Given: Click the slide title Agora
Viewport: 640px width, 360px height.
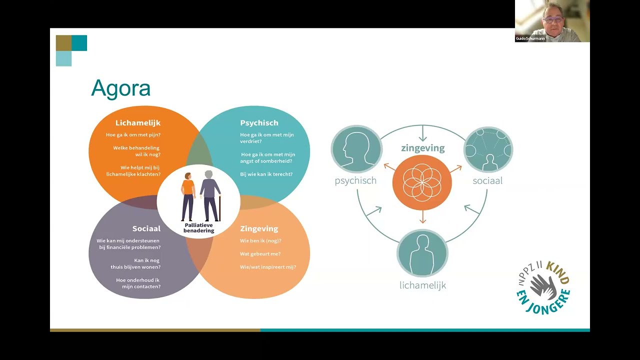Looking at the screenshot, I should click(120, 89).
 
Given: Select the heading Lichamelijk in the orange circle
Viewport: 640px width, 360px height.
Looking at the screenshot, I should click(137, 123).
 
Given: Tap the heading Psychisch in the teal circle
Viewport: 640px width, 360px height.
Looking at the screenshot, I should click(259, 123).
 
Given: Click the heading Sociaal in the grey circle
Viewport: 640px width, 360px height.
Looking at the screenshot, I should click(146, 228).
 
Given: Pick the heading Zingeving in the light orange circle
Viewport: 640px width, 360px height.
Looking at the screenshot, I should click(259, 228).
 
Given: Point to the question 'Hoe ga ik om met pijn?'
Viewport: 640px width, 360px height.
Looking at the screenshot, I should click(133, 135).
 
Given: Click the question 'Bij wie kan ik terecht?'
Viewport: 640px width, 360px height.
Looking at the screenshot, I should click(266, 174).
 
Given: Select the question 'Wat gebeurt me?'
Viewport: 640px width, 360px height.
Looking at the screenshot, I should click(260, 254).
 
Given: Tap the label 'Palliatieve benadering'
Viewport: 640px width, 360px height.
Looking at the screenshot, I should click(198, 228).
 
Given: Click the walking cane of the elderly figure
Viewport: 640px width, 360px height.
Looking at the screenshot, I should click(219, 208).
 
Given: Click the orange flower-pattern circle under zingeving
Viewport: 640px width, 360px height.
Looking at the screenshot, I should click(422, 182).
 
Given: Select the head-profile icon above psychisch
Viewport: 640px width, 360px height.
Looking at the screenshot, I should click(356, 149).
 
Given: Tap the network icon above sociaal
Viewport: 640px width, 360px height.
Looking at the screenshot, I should click(488, 149).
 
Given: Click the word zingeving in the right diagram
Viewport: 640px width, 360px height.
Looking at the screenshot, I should click(422, 148).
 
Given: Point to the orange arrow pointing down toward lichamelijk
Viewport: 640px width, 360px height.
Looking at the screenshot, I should click(423, 217).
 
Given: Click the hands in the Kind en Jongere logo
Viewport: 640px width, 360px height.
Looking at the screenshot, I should click(542, 287).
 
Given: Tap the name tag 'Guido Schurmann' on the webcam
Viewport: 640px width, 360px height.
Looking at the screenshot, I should click(530, 38).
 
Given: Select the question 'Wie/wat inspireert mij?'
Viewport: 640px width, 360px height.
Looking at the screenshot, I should click(267, 267).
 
